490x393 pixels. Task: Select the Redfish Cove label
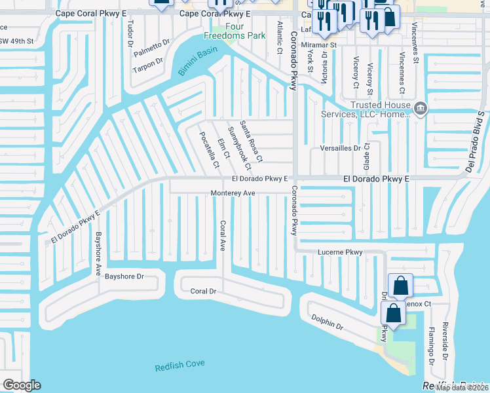coord(180,366)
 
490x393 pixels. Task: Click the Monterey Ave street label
coord(232,193)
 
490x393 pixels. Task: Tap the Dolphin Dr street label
coord(328,323)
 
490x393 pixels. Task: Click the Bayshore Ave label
coord(99,252)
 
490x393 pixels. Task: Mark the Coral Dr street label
coord(203,291)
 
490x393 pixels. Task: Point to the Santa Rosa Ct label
coord(251,141)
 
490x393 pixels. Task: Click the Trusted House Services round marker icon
coord(420,108)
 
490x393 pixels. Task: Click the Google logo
coord(22,385)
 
